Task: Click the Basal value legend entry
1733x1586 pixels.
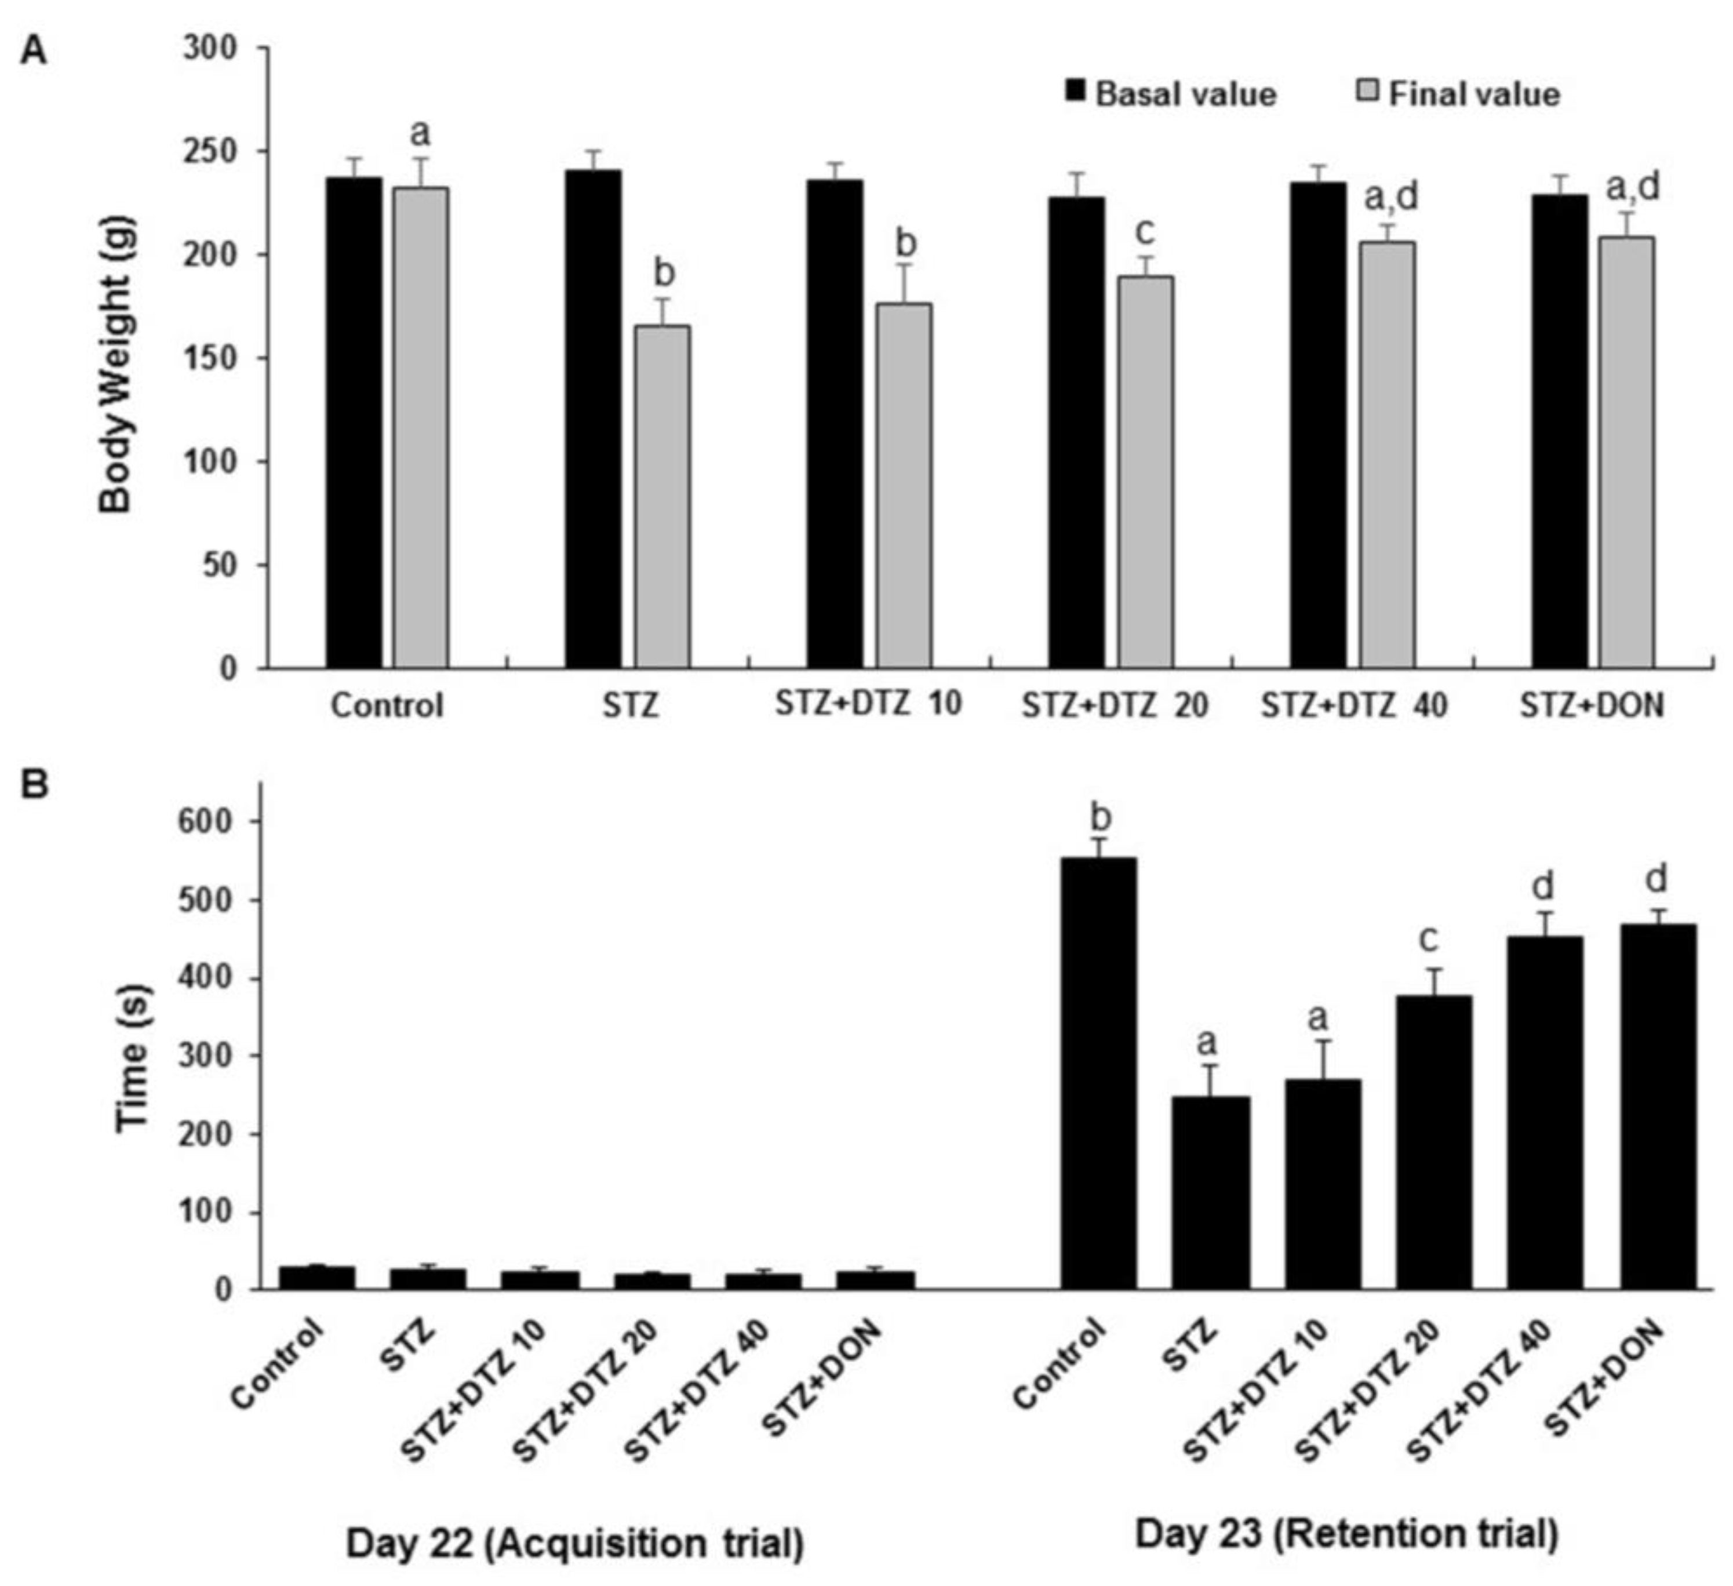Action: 1170,94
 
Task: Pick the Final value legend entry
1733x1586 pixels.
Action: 1459,94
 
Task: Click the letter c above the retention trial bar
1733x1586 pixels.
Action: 1427,938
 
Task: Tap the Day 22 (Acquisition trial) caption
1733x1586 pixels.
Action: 574,1543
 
